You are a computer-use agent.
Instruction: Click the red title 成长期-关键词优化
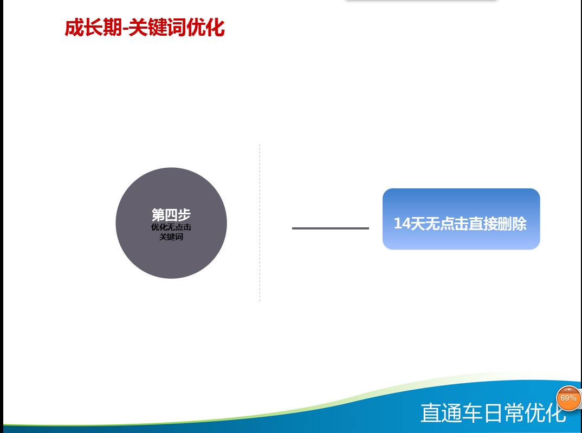pos(145,28)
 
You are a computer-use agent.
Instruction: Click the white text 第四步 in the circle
pos(171,215)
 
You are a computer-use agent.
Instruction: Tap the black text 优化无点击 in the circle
pos(171,227)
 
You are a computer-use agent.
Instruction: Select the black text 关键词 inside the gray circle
pos(171,237)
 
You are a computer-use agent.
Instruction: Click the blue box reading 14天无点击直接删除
pos(461,219)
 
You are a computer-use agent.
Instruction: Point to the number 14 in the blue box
pos(401,224)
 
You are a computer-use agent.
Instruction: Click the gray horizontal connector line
pos(331,228)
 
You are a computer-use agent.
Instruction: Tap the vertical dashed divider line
pos(260,222)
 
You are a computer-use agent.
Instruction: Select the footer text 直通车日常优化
pos(493,412)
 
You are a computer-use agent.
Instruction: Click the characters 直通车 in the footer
pos(451,412)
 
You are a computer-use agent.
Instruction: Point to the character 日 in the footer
pos(493,412)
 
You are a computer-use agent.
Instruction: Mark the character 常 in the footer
pos(514,412)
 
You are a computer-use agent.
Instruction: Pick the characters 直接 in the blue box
pos(482,224)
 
